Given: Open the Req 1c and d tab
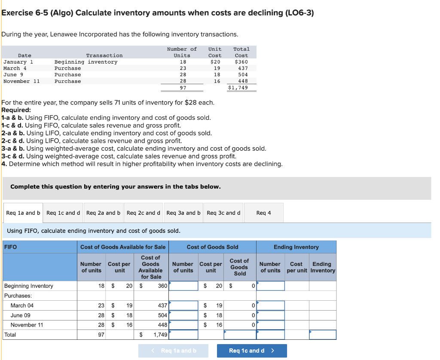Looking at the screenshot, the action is point(63,213).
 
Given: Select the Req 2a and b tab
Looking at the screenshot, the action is point(103,213).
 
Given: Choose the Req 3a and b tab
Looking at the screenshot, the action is point(183,213).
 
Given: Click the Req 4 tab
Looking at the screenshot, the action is point(263,213).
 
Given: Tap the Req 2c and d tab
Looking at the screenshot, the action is point(144,213).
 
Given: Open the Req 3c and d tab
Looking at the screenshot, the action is point(223,213).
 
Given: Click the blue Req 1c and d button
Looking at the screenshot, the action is point(251,351).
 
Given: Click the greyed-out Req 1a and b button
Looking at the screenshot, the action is point(173,351).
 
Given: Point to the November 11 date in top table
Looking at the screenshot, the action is point(21,81).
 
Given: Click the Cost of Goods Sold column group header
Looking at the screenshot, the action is point(212,247).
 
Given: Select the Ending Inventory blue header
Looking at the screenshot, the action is point(296,247).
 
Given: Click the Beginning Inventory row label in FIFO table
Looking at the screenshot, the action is point(29,286).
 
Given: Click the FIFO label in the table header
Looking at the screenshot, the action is point(10,247).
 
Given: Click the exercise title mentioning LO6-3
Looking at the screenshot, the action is point(158,12).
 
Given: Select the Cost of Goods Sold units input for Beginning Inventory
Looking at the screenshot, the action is point(183,286).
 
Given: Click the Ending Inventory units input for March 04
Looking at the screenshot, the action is point(271,305).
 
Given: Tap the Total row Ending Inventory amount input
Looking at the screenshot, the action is point(322,335).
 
